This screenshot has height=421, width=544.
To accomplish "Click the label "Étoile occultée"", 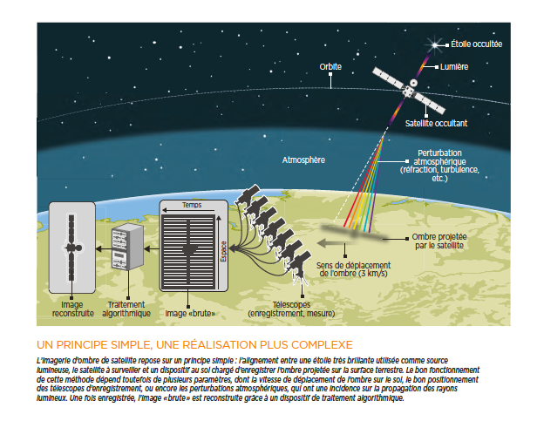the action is pos(476,44).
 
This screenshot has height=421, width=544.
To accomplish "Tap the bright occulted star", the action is pos(434,44).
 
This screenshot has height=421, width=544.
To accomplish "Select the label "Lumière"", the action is pos(454,66).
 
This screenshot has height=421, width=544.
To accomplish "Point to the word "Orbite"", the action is pos(330,66).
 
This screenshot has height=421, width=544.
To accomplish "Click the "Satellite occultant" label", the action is pos(436,123).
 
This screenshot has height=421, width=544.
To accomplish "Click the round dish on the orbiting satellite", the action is pos(413,83).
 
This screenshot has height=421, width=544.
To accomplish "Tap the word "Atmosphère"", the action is pos(303,160).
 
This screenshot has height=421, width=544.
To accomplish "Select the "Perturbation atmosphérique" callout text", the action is pos(439,166).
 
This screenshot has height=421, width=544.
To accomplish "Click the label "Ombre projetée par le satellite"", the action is pos(439,241).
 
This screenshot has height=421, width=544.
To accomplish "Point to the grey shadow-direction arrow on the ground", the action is pos(333,243).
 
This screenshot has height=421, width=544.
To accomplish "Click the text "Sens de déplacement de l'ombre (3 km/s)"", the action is pos(353,269).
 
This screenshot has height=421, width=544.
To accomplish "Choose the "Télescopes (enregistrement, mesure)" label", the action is pos(291,309).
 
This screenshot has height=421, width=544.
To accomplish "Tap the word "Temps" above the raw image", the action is pos(192,205).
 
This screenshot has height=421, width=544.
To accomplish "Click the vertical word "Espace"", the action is pos(223,251).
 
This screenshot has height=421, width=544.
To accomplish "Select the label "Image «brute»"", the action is pos(190,313).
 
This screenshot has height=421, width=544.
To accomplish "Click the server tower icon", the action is pos(127,247).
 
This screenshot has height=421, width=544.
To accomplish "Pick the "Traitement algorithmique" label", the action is pos(126,309).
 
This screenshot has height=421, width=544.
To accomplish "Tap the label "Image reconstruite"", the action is pos(73,309).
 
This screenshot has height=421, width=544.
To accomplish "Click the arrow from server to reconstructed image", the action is pos(104,249).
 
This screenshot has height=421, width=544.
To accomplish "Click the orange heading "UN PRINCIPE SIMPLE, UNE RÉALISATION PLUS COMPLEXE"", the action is pos(194,344).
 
